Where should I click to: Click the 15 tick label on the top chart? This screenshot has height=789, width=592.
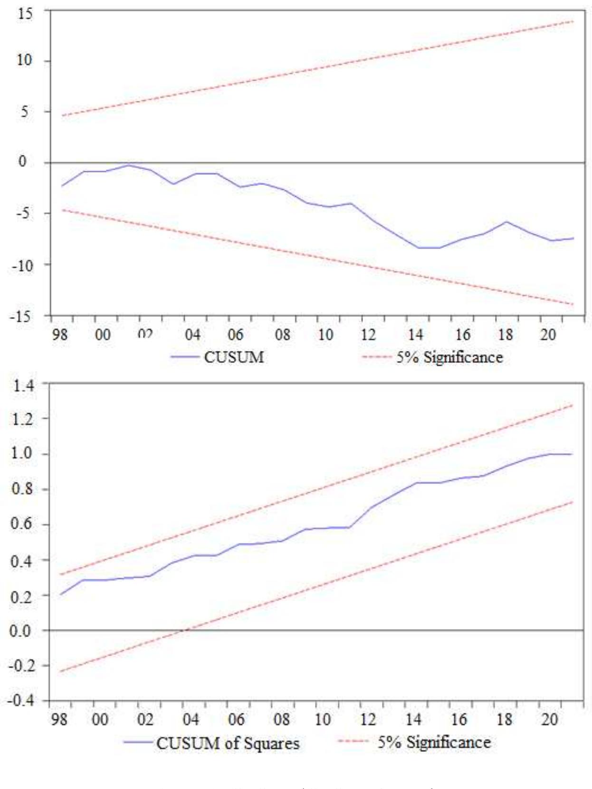click(25, 13)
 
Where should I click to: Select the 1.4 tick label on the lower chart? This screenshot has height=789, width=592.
click(23, 385)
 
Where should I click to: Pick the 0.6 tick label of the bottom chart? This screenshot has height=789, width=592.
click(23, 524)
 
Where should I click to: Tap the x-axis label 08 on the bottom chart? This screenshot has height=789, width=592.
click(281, 719)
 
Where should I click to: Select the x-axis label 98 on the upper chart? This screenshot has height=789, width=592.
click(59, 335)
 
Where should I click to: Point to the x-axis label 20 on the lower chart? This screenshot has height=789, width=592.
click(549, 719)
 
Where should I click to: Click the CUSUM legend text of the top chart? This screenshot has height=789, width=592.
click(234, 357)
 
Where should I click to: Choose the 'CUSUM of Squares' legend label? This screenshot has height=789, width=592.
click(228, 743)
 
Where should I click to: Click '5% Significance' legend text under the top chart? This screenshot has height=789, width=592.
click(449, 357)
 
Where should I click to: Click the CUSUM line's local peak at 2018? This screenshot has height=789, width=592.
click(506, 222)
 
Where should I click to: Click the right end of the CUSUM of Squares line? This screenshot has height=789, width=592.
click(572, 454)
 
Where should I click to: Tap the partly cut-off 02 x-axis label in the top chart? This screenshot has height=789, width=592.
click(145, 334)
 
